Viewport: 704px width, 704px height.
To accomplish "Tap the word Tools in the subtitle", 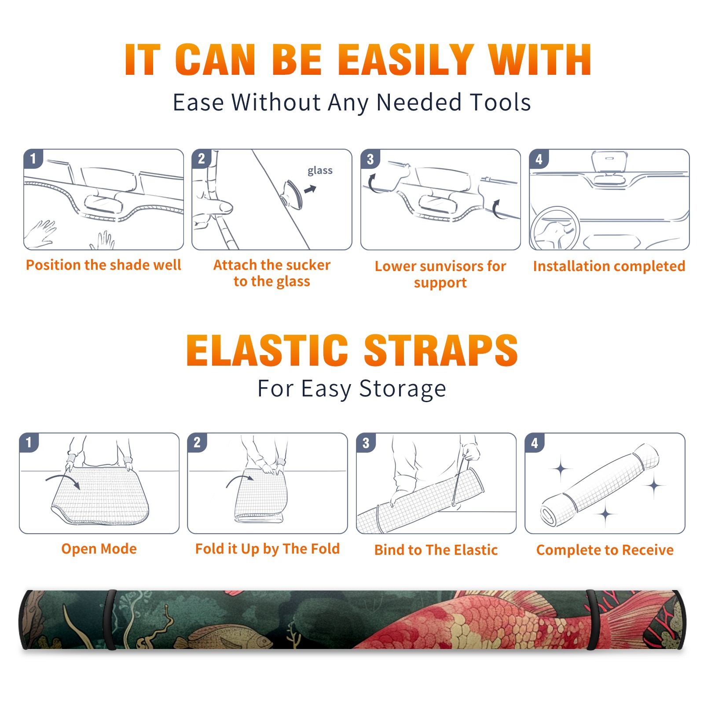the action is [x=500, y=102].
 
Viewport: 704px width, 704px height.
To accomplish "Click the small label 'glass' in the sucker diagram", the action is [x=320, y=171].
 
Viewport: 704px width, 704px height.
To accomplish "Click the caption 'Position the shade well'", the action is [x=103, y=265].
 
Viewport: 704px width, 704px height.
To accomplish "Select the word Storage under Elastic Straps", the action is [x=403, y=389].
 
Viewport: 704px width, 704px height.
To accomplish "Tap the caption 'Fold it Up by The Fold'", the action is [x=268, y=549].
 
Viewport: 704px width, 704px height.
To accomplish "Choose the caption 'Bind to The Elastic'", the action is [x=436, y=550].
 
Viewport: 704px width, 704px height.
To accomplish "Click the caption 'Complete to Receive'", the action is [x=605, y=550].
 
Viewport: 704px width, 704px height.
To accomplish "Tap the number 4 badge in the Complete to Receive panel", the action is [x=535, y=443].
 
